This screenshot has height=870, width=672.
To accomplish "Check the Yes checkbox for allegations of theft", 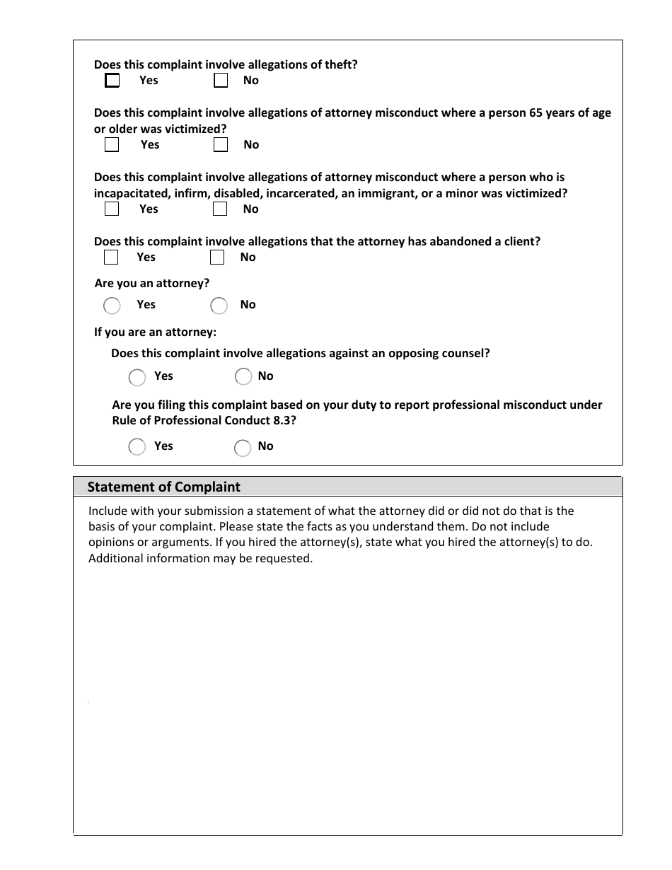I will coord(112,81).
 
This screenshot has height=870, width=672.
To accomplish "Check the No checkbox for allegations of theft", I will coord(221,81).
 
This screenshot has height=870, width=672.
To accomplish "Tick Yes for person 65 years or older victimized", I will coord(112,145).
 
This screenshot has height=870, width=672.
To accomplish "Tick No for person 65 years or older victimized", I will coord(221,145).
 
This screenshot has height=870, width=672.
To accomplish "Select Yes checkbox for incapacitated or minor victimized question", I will coord(112,209).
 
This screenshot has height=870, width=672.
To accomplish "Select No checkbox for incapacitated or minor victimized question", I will coord(220,209).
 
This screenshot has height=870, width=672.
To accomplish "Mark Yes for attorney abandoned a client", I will coord(110,257).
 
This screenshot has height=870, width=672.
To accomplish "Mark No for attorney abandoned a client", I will coord(217,257).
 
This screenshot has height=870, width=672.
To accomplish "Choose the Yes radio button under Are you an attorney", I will coord(112,306).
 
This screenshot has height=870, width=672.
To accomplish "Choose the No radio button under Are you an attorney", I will coord(219,306).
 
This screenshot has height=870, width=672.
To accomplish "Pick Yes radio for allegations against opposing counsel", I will coord(137,377).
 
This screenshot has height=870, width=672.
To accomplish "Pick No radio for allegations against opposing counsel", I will coord(243,377).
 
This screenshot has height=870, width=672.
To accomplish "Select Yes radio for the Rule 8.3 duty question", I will coord(137,447).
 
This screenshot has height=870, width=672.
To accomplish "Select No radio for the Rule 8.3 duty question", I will coord(243,447).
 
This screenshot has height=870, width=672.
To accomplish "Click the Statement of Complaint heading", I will coord(163,487).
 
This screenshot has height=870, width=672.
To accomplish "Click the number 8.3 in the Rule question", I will coord(281,420).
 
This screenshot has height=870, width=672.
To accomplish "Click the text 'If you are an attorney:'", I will coord(155,332).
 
